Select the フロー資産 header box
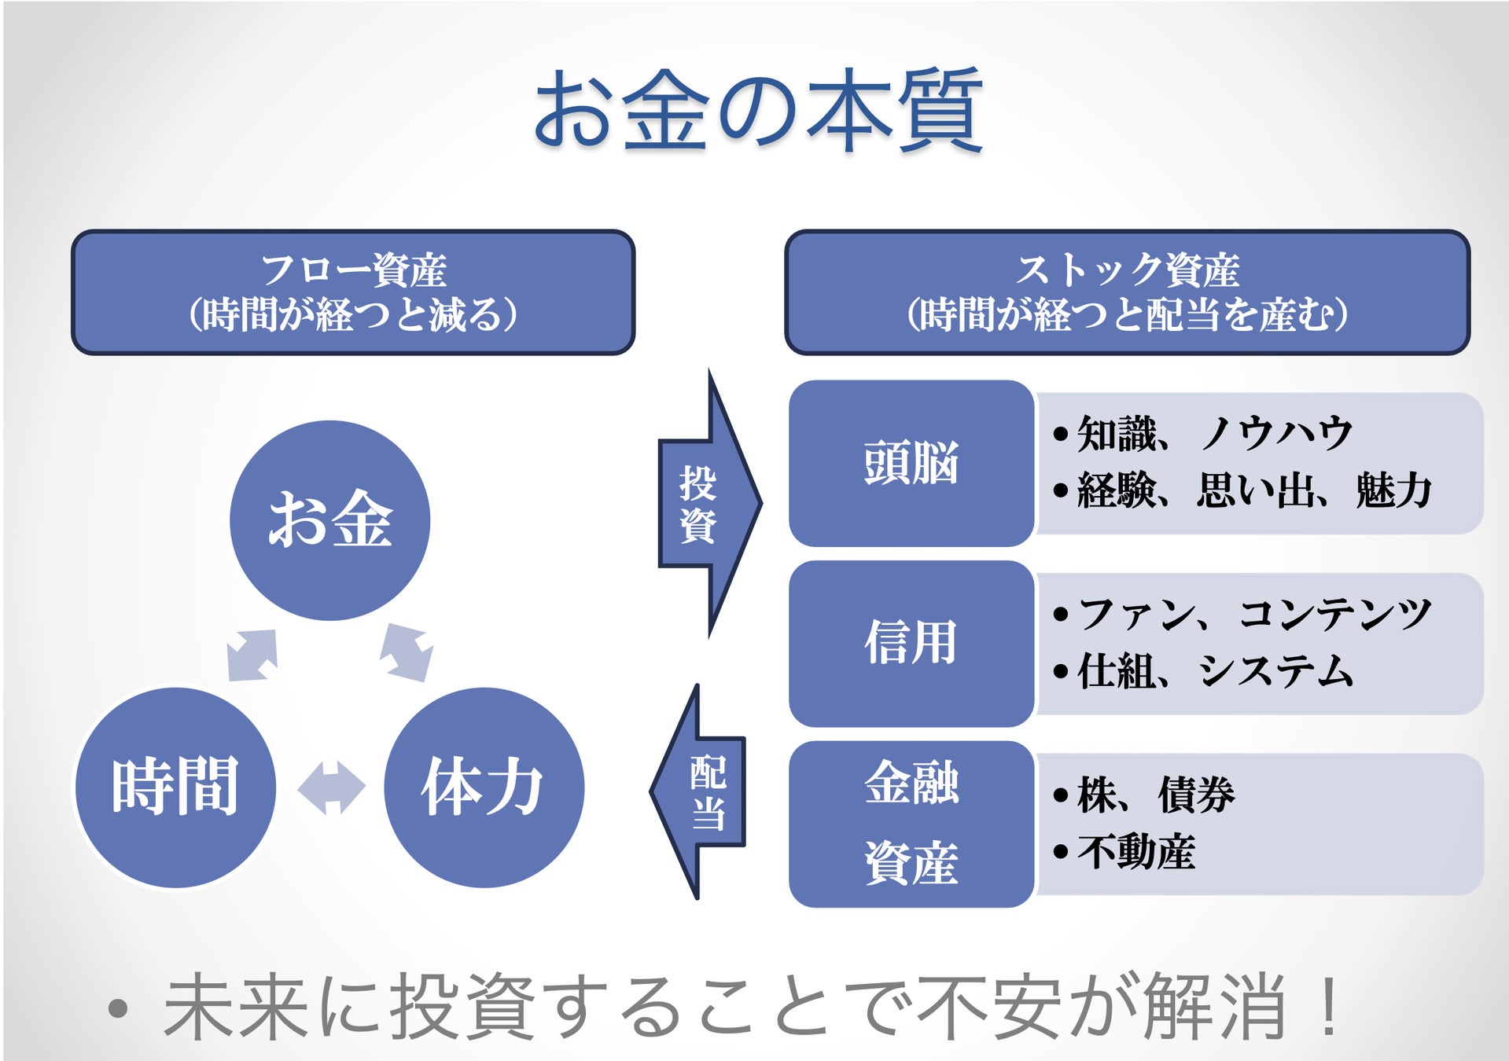[x=353, y=292]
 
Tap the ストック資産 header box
[x=1127, y=292]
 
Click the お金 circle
[x=330, y=519]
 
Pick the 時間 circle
[x=175, y=787]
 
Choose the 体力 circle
[x=484, y=787]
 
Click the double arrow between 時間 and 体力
[x=331, y=787]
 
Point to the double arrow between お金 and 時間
[x=252, y=655]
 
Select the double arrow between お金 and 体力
[x=407, y=652]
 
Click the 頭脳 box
[x=911, y=463]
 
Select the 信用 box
[x=911, y=643]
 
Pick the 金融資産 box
[x=911, y=824]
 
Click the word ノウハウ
[x=1275, y=434]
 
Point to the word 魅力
[x=1393, y=490]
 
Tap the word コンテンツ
[x=1334, y=614]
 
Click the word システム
[x=1275, y=671]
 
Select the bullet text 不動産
[x=1136, y=852]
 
